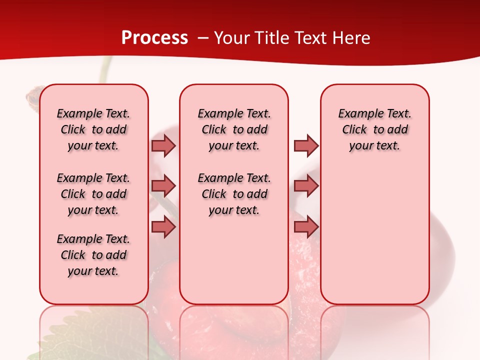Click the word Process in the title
(x=154, y=37)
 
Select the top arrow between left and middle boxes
(x=163, y=145)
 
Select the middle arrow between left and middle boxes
(x=163, y=186)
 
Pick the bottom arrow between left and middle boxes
(x=163, y=227)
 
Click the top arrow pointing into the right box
(x=306, y=145)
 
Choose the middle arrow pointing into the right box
(x=306, y=186)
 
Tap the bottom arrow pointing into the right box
(x=306, y=227)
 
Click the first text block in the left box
(x=93, y=129)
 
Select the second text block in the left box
(x=93, y=194)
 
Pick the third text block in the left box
(x=93, y=255)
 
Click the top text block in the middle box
(x=234, y=129)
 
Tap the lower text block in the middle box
(x=234, y=194)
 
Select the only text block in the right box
(x=374, y=129)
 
